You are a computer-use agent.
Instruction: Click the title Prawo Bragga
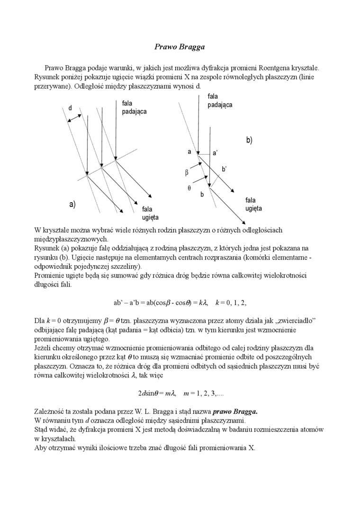click(180, 47)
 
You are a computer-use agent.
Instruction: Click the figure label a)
click(72, 205)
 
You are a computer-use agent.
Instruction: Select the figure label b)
click(249, 140)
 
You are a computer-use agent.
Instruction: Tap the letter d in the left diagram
click(70, 108)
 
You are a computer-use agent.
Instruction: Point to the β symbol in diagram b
click(187, 173)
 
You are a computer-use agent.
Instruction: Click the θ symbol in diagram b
click(189, 188)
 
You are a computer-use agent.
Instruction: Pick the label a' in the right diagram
click(215, 153)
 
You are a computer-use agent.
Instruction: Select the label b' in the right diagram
click(225, 169)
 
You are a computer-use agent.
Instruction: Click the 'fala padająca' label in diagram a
click(134, 107)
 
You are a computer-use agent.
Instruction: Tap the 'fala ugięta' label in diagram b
click(253, 204)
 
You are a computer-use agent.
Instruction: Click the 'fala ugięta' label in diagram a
click(150, 213)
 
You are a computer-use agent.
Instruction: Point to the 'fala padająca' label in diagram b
click(220, 101)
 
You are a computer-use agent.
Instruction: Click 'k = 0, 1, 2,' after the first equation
click(231, 302)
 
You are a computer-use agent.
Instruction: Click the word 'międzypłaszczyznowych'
click(72, 239)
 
